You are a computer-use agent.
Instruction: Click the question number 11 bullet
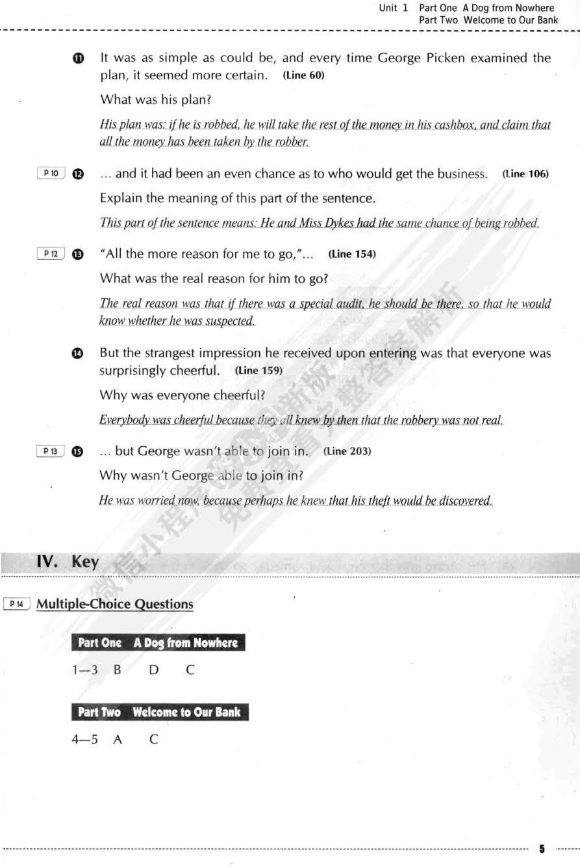click(x=78, y=58)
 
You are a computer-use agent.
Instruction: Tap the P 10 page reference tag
click(x=51, y=173)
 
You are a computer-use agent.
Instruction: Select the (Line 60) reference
click(x=303, y=75)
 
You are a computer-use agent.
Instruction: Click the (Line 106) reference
click(x=525, y=174)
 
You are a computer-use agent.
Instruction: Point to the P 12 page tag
click(x=51, y=254)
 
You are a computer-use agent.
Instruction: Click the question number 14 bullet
click(x=77, y=353)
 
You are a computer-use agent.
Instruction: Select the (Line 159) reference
click(x=258, y=371)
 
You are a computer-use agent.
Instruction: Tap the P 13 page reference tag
click(x=51, y=451)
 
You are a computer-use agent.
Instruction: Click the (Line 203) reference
click(x=347, y=451)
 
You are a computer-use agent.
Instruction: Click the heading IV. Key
click(x=68, y=562)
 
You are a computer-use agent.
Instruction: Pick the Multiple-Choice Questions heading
click(x=115, y=604)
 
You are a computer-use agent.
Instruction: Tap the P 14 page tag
click(x=17, y=604)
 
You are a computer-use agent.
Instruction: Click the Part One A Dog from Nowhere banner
click(x=158, y=643)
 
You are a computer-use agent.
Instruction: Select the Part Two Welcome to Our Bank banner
click(x=159, y=712)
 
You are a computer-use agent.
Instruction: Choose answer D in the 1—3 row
click(x=153, y=670)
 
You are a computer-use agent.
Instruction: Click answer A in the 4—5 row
click(x=118, y=739)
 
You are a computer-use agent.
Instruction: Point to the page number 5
click(x=542, y=849)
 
